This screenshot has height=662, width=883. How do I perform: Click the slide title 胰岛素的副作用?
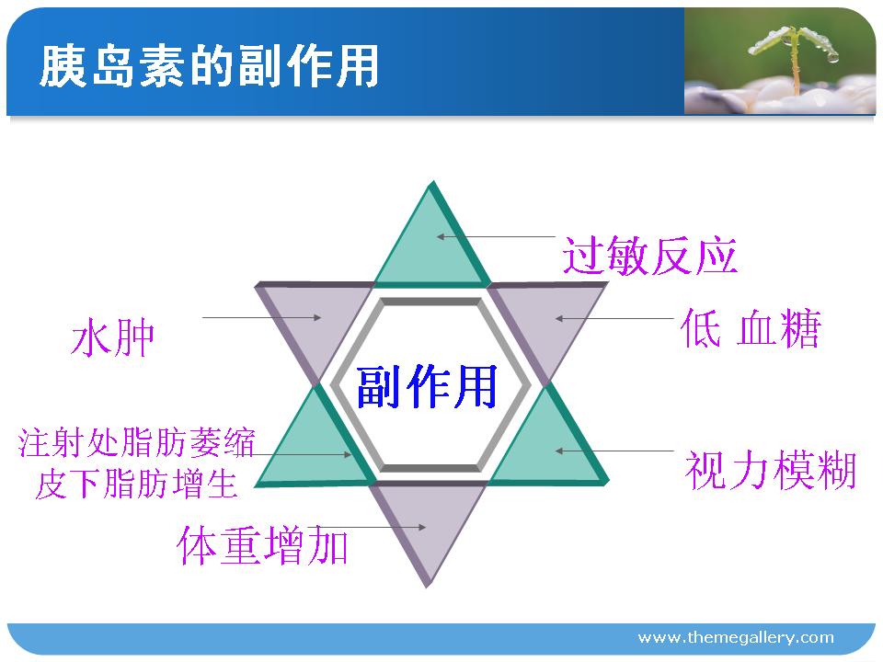[x=209, y=66]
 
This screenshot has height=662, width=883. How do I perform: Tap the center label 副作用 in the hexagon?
[x=427, y=386]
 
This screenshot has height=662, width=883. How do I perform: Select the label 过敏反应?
[x=649, y=257]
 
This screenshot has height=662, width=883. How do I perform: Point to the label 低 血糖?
[x=751, y=328]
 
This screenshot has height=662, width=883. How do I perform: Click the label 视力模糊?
[x=771, y=471]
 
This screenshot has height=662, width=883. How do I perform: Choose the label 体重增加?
[x=262, y=545]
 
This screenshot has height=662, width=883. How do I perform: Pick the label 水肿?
[x=113, y=337]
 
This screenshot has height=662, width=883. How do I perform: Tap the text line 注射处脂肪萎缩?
[x=137, y=442]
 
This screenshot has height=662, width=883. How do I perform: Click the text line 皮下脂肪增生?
[x=136, y=485]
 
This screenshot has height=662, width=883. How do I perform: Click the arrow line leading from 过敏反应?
[x=496, y=237]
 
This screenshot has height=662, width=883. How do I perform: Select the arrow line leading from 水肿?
[x=262, y=317]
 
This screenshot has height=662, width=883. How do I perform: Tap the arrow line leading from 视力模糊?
[x=614, y=451]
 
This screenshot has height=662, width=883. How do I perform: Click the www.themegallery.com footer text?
[x=736, y=638]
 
